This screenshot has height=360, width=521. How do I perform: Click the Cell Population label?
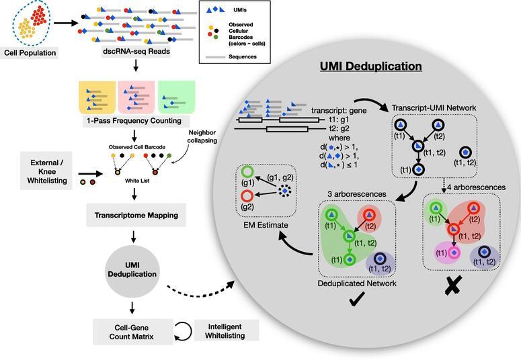(x=30, y=53)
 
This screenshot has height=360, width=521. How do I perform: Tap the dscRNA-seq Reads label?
(x=136, y=52)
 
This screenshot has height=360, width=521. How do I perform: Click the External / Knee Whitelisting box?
(x=46, y=171)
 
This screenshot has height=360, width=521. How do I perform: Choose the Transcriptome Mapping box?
(x=136, y=215)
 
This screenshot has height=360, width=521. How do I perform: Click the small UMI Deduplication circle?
(x=132, y=270)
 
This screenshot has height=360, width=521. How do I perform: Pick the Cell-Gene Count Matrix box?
(x=132, y=332)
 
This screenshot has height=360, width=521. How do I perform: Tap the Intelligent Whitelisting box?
(x=225, y=331)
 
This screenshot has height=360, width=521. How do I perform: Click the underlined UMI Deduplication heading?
(x=371, y=66)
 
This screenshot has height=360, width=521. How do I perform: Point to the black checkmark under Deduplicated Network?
(x=357, y=299)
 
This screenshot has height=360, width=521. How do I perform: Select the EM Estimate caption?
(x=266, y=225)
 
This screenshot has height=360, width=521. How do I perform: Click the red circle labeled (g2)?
(x=247, y=196)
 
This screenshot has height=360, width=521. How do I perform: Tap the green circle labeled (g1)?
(x=247, y=172)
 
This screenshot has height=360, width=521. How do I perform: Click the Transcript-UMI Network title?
(x=434, y=108)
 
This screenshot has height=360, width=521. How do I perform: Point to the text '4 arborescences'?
(x=476, y=187)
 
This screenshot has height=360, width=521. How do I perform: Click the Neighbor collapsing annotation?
(x=202, y=136)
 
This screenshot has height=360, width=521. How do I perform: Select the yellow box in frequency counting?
(x=97, y=97)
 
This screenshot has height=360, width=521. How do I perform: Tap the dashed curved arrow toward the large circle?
(x=200, y=291)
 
